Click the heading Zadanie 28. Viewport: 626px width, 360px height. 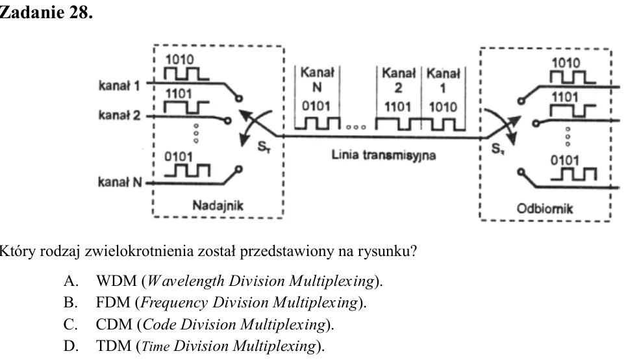pyautogui.click(x=46, y=12)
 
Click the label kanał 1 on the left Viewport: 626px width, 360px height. pyautogui.click(x=119, y=86)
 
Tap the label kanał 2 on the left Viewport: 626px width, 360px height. pyautogui.click(x=119, y=116)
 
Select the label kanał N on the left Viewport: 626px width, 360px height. pyautogui.click(x=119, y=182)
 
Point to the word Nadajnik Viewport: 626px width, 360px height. pyautogui.click(x=218, y=205)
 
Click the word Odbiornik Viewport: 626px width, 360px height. pyautogui.click(x=545, y=209)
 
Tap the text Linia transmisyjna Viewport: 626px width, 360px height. pyautogui.click(x=383, y=155)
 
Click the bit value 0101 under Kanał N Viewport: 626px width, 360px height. pyautogui.click(x=316, y=107)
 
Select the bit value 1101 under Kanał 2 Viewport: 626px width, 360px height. pyautogui.click(x=397, y=107)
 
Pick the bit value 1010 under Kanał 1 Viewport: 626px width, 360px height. pyautogui.click(x=443, y=107)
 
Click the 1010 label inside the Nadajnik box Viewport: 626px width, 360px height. pyautogui.click(x=179, y=60)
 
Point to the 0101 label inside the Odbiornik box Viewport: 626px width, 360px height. pyautogui.click(x=564, y=161)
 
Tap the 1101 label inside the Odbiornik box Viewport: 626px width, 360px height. pyautogui.click(x=564, y=97)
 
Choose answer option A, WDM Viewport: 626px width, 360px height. pyautogui.click(x=223, y=281)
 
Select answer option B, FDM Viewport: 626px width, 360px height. pyautogui.click(x=215, y=302)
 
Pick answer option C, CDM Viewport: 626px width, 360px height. pyautogui.click(x=199, y=324)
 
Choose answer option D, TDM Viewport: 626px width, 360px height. pyautogui.click(x=194, y=346)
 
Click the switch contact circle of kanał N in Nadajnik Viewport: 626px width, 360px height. pyautogui.click(x=239, y=170)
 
